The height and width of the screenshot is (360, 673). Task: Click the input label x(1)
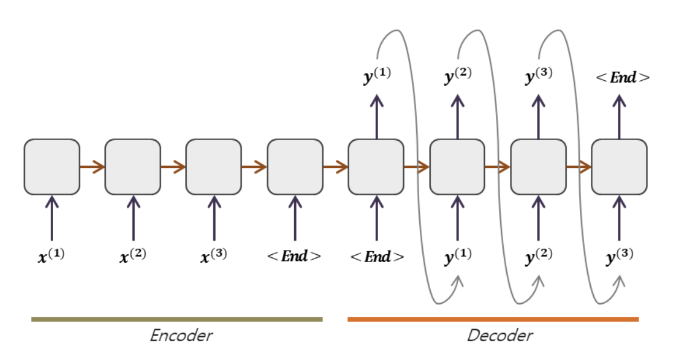click(51, 256)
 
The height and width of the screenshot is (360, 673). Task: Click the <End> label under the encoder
click(295, 256)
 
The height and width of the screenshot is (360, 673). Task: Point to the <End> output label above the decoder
click(622, 77)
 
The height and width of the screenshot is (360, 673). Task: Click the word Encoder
click(181, 335)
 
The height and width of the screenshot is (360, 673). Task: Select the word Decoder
click(500, 335)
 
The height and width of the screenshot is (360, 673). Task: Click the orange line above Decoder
click(493, 319)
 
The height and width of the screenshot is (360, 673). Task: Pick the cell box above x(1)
click(52, 167)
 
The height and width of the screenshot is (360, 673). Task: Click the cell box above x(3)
click(213, 167)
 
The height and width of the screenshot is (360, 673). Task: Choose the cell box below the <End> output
click(619, 167)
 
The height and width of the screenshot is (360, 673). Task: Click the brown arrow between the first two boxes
click(92, 167)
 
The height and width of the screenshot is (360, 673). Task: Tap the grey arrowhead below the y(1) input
click(457, 280)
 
